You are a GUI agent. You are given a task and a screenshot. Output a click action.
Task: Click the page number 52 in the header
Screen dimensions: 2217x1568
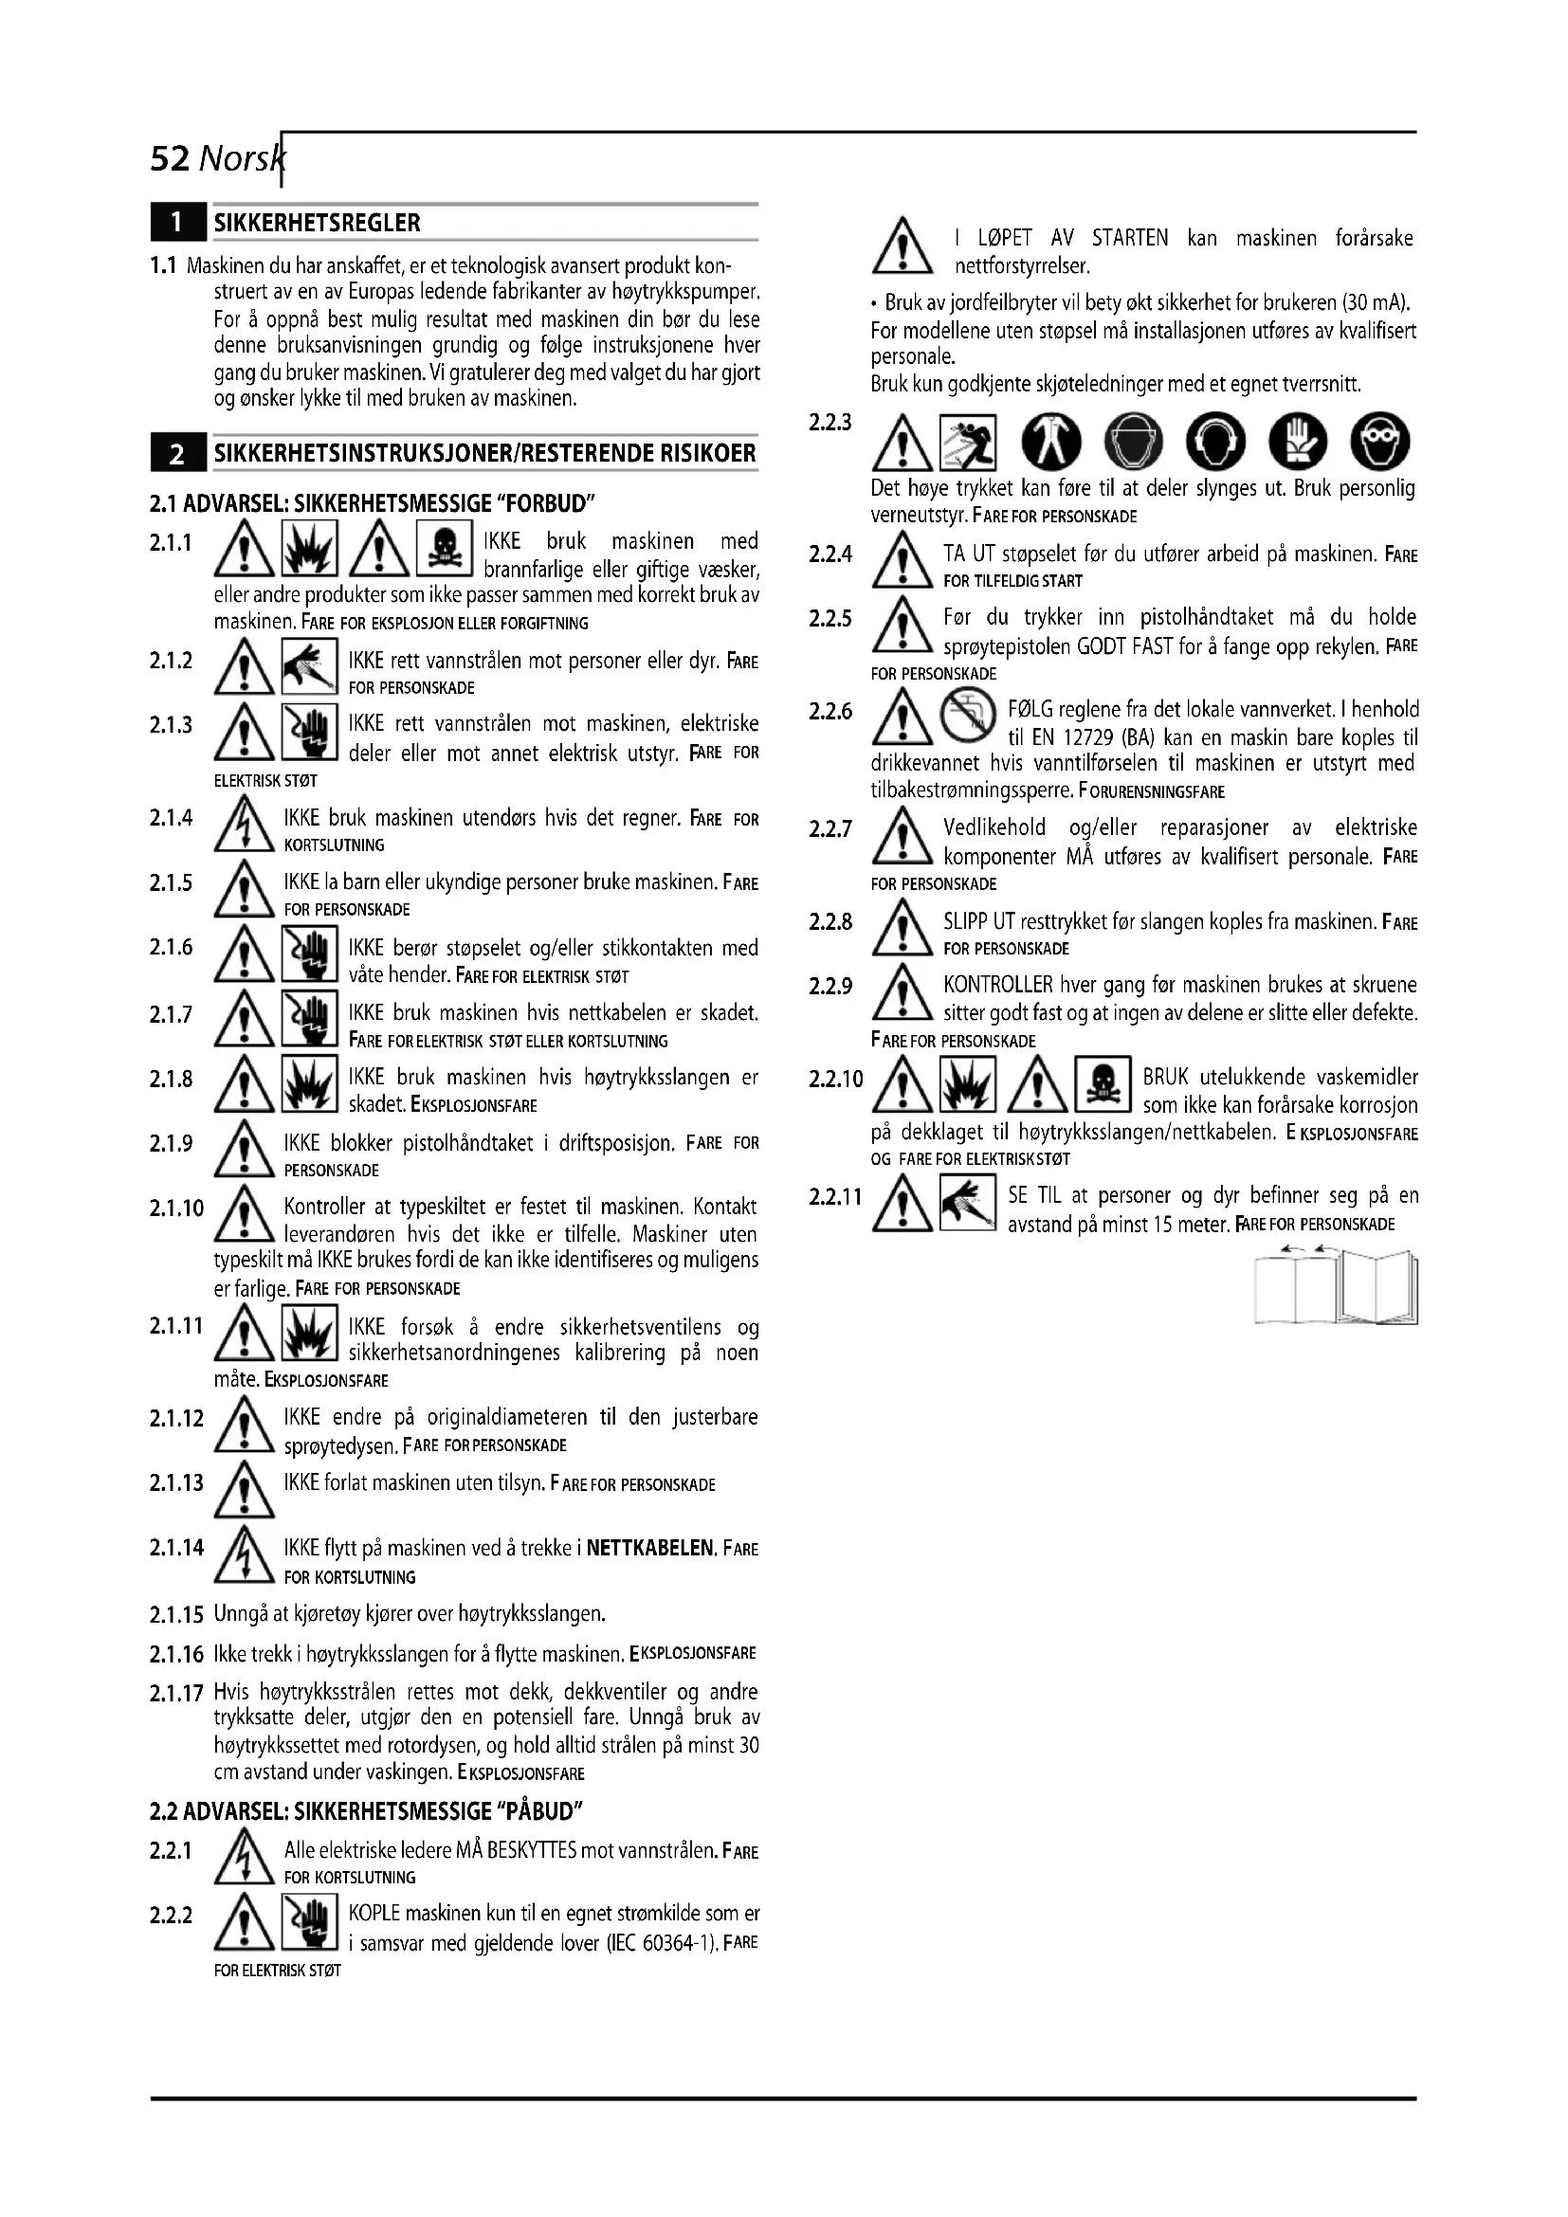coord(170,158)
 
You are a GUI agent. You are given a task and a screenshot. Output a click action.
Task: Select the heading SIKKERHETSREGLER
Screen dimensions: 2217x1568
coord(317,223)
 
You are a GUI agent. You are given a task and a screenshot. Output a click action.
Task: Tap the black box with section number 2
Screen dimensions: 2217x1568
coord(177,454)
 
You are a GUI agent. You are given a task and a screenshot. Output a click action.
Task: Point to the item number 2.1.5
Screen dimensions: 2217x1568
coord(171,883)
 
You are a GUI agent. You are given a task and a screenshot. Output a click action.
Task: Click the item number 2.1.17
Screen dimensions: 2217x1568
coord(175,1693)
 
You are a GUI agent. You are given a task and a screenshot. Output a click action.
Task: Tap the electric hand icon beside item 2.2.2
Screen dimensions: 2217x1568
coord(309,1922)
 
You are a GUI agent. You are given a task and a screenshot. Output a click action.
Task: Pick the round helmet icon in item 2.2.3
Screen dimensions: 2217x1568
coord(1134,442)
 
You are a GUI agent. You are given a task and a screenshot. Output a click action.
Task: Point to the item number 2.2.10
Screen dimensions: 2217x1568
coord(836,1079)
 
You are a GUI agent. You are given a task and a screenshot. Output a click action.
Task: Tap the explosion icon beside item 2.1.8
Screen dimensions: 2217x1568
coord(309,1085)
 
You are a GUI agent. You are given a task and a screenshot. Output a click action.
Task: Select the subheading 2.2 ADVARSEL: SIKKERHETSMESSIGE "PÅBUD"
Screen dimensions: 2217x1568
coord(367,1810)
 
